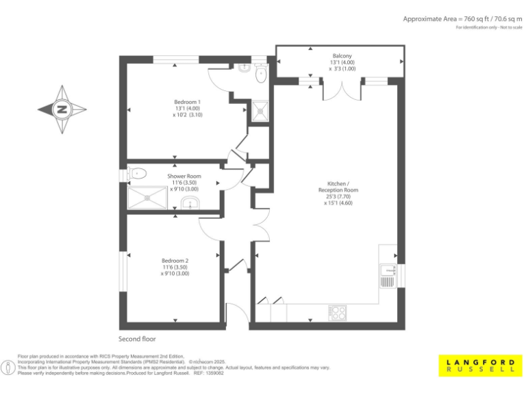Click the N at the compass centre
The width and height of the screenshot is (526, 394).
[62, 109]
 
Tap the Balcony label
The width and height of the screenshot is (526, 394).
[342, 55]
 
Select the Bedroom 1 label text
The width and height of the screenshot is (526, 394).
[187, 102]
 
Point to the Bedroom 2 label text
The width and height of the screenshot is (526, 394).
[175, 261]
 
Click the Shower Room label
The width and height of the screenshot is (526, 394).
[184, 176]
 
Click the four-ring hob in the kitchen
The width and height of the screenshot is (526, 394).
[337, 312]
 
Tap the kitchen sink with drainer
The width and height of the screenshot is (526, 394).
[388, 276]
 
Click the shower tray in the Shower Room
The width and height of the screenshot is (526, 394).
[147, 198]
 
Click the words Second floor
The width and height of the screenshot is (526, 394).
[138, 339]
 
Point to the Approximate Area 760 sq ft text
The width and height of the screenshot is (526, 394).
[463, 19]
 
